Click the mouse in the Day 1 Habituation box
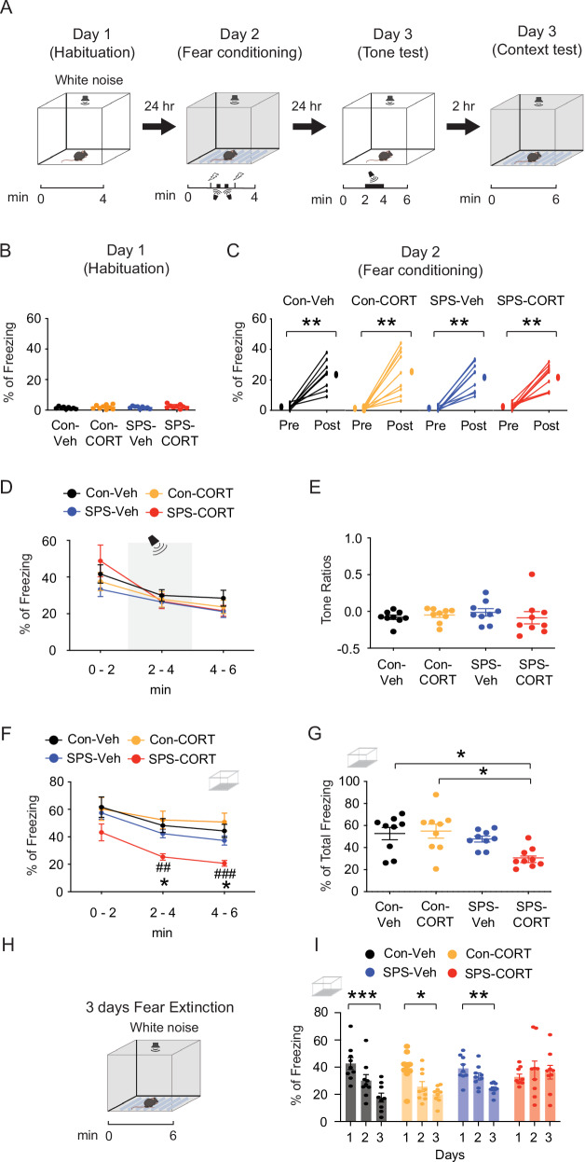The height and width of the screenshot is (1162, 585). pos(79,155)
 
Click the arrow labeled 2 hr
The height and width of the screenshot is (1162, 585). pos(463,126)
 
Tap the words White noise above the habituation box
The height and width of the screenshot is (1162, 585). pos(89,80)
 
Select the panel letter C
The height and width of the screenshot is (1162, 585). pos(233,251)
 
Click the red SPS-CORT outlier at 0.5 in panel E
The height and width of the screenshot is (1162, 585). pos(532,574)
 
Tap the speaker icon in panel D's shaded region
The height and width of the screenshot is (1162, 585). pos(157,545)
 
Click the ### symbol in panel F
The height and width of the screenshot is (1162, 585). pos(224,874)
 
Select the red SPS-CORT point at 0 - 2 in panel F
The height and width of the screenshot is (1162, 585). pos(102,833)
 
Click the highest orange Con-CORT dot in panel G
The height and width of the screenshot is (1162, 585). pos(436,795)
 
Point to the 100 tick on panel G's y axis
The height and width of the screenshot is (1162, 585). pos(348,782)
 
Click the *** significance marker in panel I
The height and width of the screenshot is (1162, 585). pos(362,994)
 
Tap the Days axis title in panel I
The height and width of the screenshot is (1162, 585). pos(450,1155)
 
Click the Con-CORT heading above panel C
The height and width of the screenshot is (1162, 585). pos(384,300)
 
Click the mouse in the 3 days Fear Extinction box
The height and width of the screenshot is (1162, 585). pos(151,1102)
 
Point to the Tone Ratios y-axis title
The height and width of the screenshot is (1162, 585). pos(326,589)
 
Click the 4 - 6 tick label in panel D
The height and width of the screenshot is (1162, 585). pos(223,670)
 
